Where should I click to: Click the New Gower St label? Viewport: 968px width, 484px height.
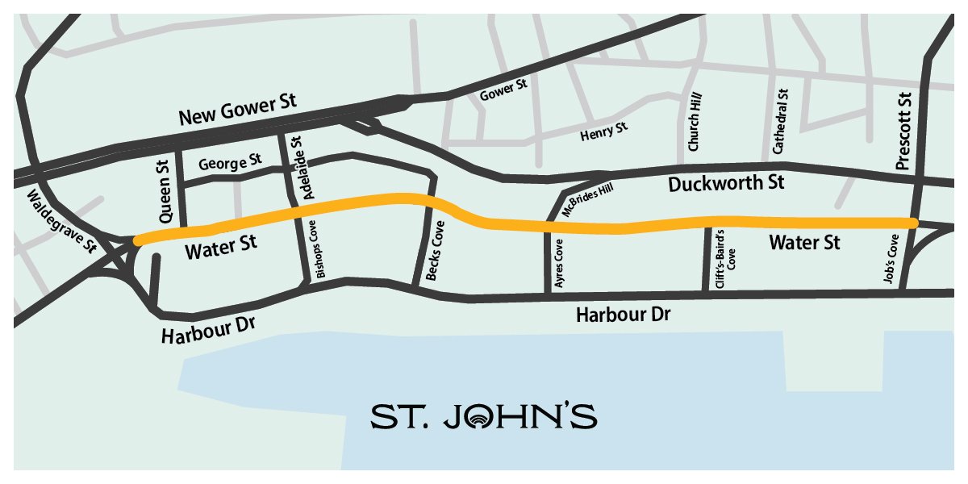click(x=238, y=111)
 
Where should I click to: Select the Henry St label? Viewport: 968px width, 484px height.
click(x=603, y=131)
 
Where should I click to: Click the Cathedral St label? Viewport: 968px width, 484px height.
click(x=780, y=122)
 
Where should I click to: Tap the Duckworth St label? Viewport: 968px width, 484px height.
click(x=726, y=184)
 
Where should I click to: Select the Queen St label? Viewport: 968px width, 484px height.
click(x=166, y=195)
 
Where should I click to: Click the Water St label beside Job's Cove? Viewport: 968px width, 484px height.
click(x=804, y=241)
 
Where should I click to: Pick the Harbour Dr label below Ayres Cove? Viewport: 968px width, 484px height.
click(x=623, y=315)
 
